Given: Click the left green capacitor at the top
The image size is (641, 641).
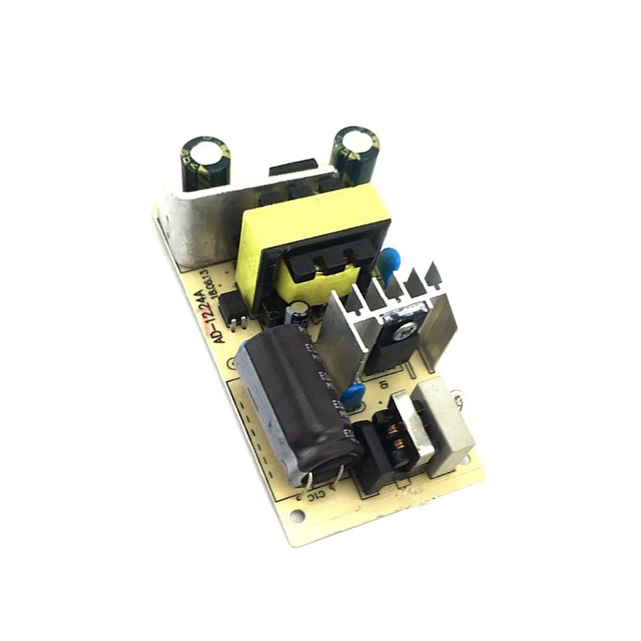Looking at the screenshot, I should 204,164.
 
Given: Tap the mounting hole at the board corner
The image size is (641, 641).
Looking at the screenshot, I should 295,515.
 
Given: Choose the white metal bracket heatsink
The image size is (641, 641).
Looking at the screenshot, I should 199,221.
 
